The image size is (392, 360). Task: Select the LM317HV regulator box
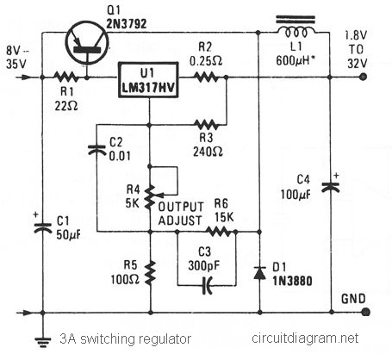coord(148,79)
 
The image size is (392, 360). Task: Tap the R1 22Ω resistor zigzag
coord(65,78)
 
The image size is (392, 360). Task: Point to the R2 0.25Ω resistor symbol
coord(206,78)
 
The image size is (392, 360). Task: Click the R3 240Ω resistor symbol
coord(206,125)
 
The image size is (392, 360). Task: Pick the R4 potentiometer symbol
coord(150,197)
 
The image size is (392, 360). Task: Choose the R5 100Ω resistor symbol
coord(150,273)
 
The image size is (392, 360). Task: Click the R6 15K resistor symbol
coord(219,231)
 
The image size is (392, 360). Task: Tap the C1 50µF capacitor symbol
coord(42,227)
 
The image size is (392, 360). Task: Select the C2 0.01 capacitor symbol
coord(96,150)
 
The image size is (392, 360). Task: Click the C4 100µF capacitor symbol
coord(331,185)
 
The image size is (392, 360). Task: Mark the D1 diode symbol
coord(259,273)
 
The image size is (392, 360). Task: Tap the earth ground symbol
coord(43,341)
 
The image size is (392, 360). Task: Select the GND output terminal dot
coord(365,312)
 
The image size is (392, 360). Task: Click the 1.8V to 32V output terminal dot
coord(364,77)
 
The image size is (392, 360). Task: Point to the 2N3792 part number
coord(127,24)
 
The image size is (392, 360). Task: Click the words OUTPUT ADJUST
coord(181,214)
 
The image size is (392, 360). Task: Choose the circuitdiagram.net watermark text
coord(305,338)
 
